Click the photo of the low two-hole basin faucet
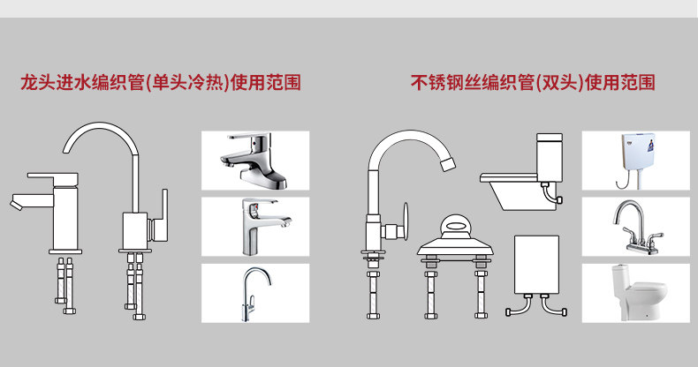[254, 159]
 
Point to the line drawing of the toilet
[523, 176]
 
